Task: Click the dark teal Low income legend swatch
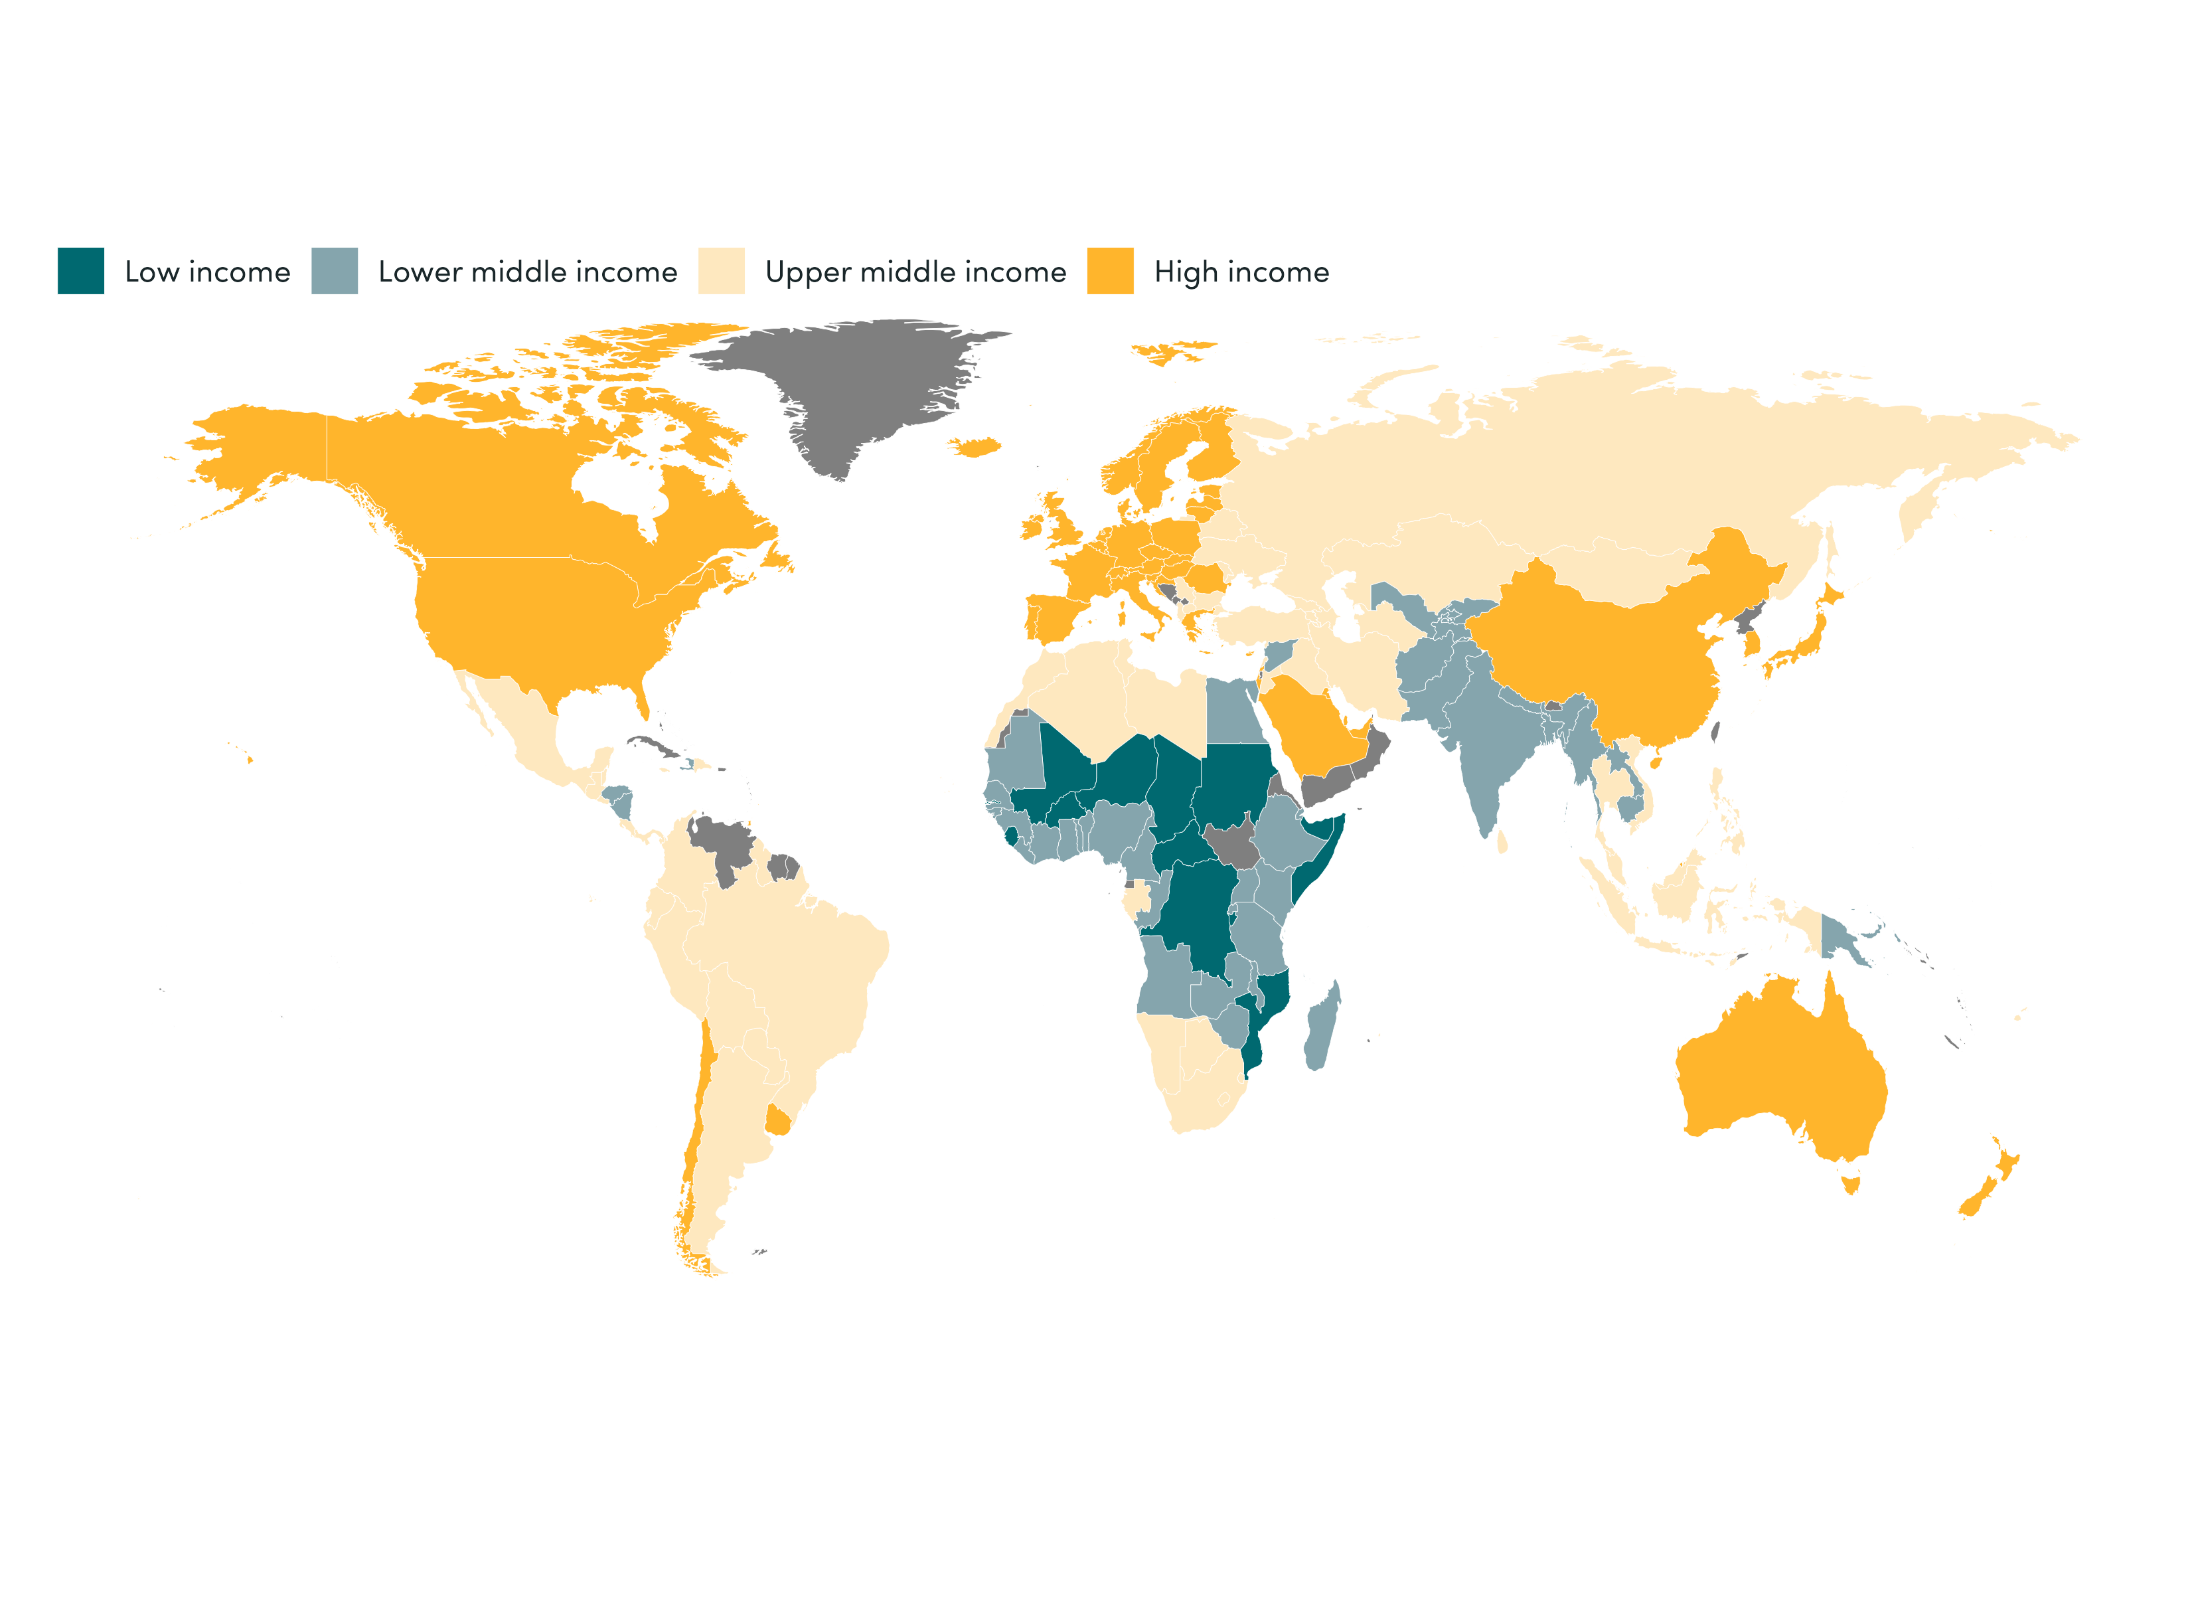81,270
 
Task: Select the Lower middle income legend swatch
335,270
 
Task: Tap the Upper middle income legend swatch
721,270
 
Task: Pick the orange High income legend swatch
1110,270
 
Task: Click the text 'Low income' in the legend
207,272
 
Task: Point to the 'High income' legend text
1241,272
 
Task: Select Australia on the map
1780,1070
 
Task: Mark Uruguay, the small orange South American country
778,1122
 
